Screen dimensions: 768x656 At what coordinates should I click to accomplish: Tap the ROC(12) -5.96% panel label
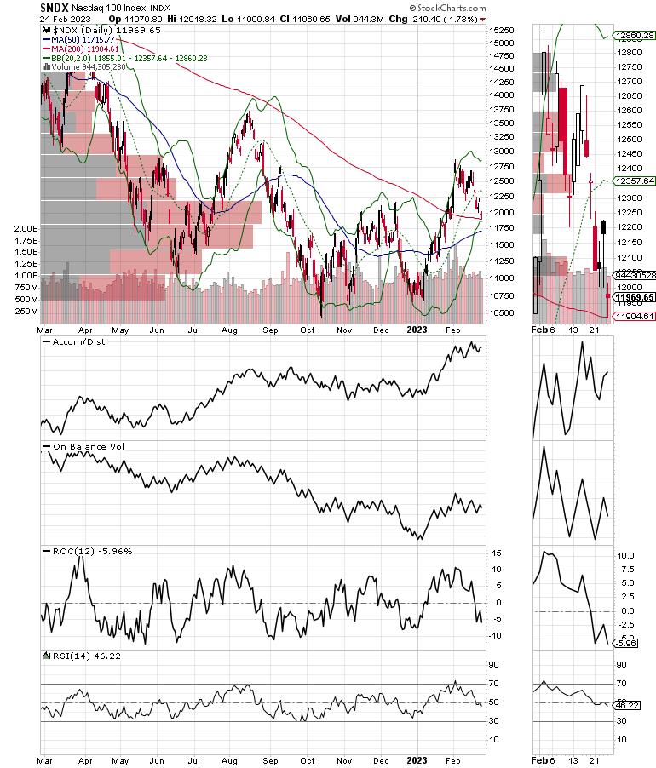click(x=83, y=551)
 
